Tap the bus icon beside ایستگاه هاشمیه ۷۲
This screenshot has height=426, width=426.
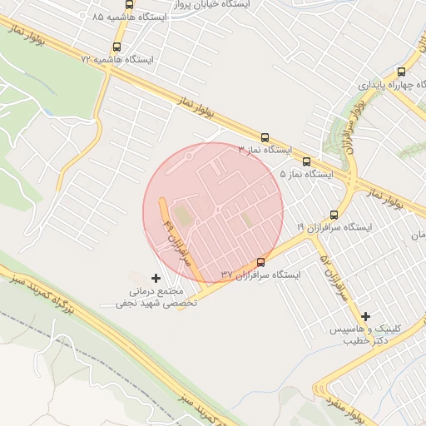116,47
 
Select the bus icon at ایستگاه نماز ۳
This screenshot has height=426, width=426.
265,137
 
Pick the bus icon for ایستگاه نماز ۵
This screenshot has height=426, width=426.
306,161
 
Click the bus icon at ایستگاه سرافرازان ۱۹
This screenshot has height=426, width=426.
334,215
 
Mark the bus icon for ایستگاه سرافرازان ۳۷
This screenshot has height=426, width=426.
261,262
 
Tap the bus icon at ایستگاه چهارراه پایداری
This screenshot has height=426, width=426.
402,72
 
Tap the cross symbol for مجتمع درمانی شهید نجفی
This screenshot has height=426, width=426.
156,277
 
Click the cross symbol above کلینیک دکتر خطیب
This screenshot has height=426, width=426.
366,316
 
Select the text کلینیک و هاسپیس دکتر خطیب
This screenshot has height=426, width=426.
366,335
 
